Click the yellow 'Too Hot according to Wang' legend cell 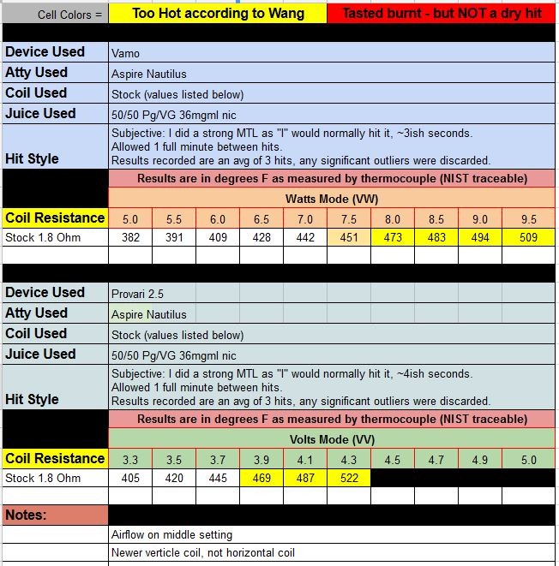pyautogui.click(x=217, y=14)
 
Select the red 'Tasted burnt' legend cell pyautogui.click(x=442, y=14)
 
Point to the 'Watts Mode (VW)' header pyautogui.click(x=332, y=199)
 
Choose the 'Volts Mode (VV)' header pyautogui.click(x=332, y=439)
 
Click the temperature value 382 pyautogui.click(x=130, y=237)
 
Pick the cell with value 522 pyautogui.click(x=349, y=478)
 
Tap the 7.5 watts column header pyautogui.click(x=349, y=218)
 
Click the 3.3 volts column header pyautogui.click(x=130, y=459)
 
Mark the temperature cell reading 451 pyautogui.click(x=349, y=237)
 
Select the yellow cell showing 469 pyautogui.click(x=261, y=478)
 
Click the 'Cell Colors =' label pyautogui.click(x=69, y=15)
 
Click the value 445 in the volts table pyautogui.click(x=218, y=478)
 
